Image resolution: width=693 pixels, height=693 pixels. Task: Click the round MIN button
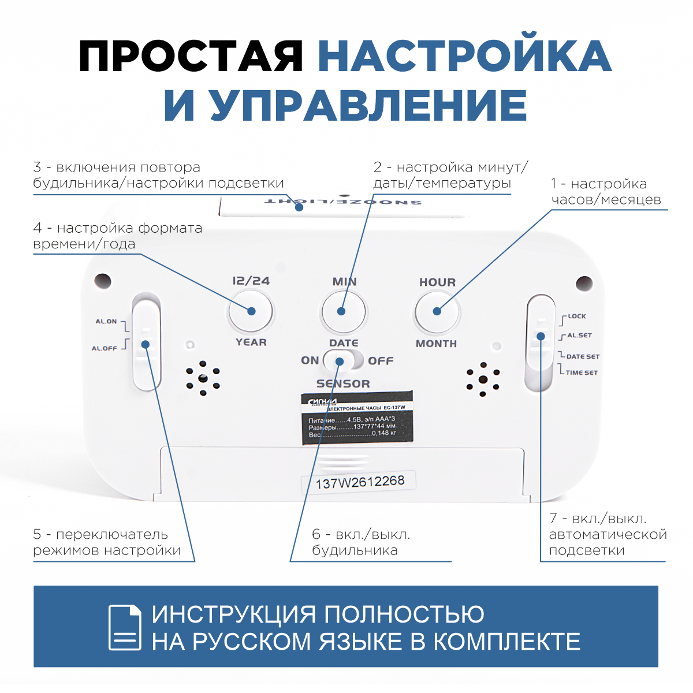[x=344, y=312]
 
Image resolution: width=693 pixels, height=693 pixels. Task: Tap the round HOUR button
[x=437, y=312]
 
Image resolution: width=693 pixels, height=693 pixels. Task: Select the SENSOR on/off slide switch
[x=343, y=361]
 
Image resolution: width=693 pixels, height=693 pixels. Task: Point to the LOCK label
[x=576, y=316]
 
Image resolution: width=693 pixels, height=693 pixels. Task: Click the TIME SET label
[x=582, y=373]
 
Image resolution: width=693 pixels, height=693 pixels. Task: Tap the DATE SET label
[x=583, y=357]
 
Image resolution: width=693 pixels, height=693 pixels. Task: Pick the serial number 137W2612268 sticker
[x=360, y=482]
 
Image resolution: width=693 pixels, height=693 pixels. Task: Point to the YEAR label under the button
[x=251, y=342]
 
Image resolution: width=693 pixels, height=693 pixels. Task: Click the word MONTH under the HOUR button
[x=437, y=344]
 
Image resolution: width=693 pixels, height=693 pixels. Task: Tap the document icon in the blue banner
[x=125, y=627]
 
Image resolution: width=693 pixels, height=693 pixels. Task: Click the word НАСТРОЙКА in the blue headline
[x=464, y=56]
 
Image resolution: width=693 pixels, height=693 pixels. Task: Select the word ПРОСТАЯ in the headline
[x=191, y=56]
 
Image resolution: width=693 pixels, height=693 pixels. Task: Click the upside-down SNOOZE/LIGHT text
[x=342, y=202]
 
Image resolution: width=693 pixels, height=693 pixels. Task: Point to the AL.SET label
[x=579, y=336]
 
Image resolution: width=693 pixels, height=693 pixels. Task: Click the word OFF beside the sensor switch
[x=381, y=361]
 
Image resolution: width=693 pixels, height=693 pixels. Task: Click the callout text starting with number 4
[x=118, y=236]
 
